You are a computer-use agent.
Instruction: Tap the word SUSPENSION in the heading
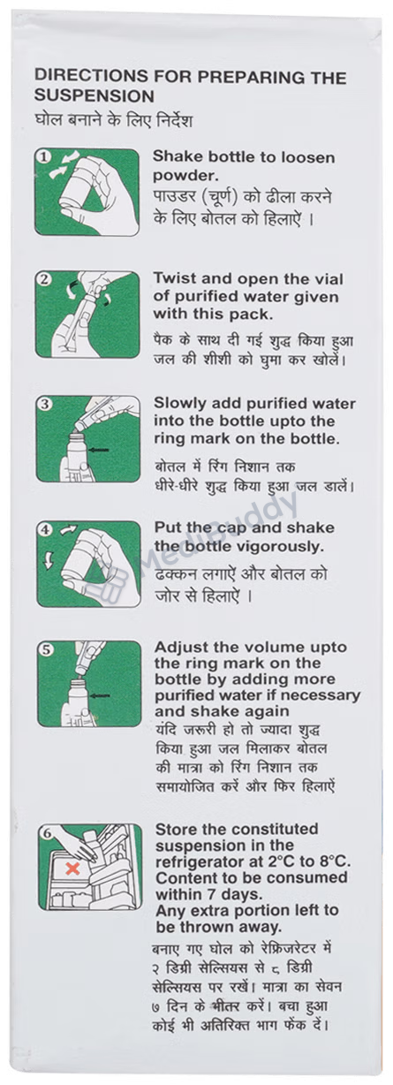point(94,95)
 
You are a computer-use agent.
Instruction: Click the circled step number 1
point(44,157)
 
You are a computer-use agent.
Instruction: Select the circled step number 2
point(44,279)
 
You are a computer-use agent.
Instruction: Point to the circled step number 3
point(45,404)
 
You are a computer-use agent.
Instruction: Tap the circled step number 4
point(46,529)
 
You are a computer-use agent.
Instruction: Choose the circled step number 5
point(46,649)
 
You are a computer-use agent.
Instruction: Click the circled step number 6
point(47,833)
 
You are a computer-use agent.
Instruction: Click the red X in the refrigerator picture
point(72,868)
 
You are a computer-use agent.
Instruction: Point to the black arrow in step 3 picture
point(99,450)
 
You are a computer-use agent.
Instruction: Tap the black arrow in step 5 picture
point(100,696)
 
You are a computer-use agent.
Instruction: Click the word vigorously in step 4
point(281,546)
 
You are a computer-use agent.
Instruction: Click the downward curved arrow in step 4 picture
point(48,561)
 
